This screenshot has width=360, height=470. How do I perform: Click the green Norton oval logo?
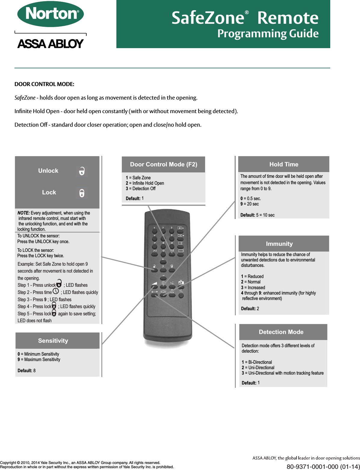51,14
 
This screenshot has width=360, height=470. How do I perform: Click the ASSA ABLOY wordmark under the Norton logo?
51,44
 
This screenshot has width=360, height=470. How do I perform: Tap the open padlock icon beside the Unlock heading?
82,171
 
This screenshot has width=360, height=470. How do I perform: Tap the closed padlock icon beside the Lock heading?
82,193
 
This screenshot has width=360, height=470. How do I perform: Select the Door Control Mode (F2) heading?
164,164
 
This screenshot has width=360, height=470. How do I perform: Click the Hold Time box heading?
284,164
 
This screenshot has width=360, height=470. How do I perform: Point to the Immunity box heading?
279,244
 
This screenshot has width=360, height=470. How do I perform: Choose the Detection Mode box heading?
281,332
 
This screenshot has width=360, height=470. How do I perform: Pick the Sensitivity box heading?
53,341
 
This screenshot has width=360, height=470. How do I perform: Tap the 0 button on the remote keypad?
163,254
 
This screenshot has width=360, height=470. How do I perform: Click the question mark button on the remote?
163,270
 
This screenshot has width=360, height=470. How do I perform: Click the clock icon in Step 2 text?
56,291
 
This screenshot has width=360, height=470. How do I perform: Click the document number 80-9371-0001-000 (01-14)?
323,467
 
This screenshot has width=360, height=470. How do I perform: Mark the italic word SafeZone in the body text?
25,98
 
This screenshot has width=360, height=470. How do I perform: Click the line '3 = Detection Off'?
141,189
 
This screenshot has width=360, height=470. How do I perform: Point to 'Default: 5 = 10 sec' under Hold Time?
257,215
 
